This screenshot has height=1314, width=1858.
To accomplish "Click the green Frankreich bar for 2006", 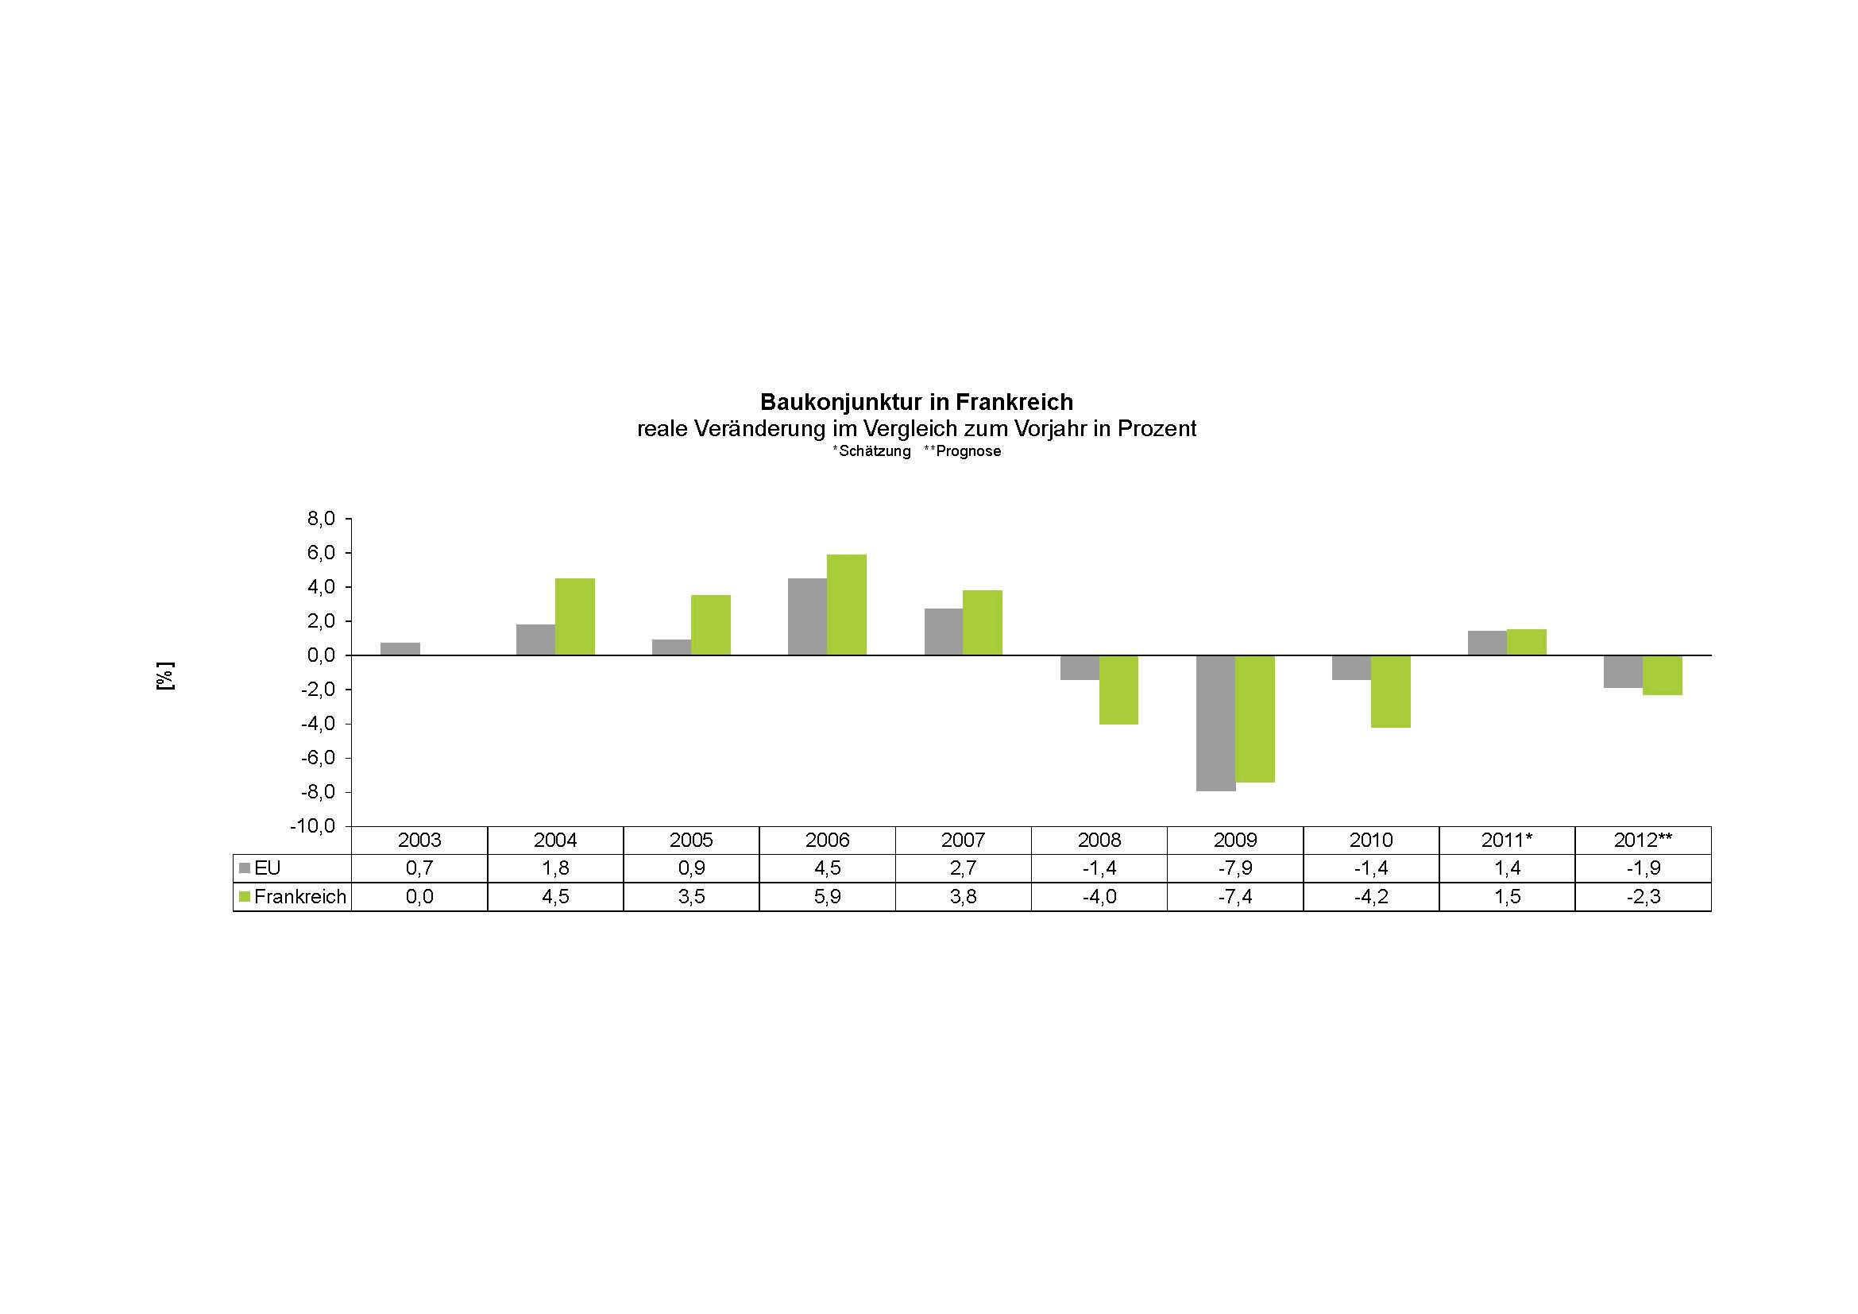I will tap(847, 605).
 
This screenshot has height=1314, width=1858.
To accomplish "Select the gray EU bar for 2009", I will tap(1215, 722).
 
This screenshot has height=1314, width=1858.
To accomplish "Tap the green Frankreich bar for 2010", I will tap(1390, 691).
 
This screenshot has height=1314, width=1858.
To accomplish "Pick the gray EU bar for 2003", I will tap(400, 649).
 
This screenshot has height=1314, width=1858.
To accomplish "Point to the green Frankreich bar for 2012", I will tap(1662, 674).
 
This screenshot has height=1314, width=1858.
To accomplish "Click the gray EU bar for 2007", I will tap(944, 631).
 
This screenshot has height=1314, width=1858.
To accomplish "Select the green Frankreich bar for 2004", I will tap(574, 616).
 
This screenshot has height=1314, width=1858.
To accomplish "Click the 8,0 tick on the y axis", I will tap(321, 519).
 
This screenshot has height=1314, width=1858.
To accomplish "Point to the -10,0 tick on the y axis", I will tap(313, 826).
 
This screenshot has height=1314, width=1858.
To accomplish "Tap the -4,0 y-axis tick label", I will tap(317, 725).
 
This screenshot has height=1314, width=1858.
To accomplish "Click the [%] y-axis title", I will tap(165, 675).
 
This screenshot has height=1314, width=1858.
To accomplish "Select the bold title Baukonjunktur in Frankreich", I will tap(916, 402).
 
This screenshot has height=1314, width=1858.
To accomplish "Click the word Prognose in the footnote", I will tap(968, 451).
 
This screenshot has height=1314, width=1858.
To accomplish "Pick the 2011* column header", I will tap(1507, 840).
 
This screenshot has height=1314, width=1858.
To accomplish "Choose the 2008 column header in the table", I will tap(1099, 840).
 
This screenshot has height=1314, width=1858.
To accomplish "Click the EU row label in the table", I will tap(267, 868).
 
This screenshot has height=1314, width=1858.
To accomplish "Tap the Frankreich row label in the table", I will tap(299, 896).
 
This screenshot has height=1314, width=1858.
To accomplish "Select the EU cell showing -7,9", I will tap(1235, 868).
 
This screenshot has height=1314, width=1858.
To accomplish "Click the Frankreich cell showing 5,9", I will tap(827, 896).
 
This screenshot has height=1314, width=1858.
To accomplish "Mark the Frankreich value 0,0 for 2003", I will tap(419, 896).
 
